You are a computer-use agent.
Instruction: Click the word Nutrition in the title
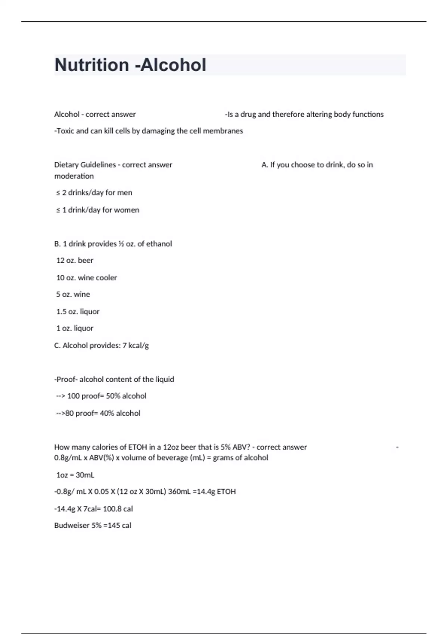(92, 65)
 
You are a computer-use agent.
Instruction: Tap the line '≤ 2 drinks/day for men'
(94, 193)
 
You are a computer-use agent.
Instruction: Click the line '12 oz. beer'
(75, 260)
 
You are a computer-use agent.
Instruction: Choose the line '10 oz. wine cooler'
(86, 277)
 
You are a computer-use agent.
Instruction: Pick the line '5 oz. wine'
(73, 294)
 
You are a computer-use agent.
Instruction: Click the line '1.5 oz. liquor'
(78, 311)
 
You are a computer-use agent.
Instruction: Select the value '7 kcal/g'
(136, 345)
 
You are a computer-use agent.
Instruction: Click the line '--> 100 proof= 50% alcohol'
(101, 396)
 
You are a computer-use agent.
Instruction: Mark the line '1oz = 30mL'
(75, 475)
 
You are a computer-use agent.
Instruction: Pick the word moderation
(74, 176)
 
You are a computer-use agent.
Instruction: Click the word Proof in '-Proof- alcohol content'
(66, 379)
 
